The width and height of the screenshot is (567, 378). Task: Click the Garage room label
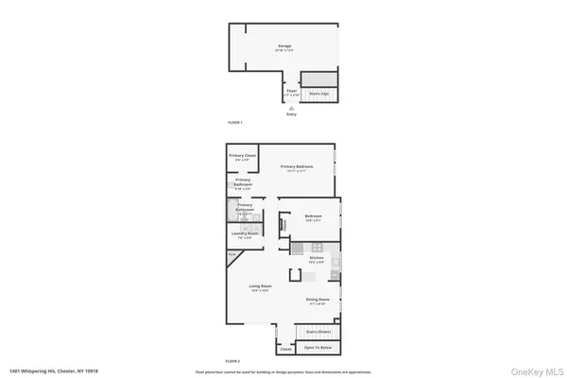click(283, 45)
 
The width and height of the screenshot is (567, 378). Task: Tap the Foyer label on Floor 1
click(291, 91)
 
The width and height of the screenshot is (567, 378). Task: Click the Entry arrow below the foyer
click(291, 108)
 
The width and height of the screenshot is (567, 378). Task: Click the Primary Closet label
click(243, 157)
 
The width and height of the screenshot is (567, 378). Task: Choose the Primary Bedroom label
click(297, 166)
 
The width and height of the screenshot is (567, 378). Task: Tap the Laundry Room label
click(244, 233)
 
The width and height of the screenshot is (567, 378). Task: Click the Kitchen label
click(317, 257)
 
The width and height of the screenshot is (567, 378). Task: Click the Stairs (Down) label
click(318, 332)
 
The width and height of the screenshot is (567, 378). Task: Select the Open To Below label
click(318, 348)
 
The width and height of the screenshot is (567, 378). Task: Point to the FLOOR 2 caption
click(233, 362)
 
